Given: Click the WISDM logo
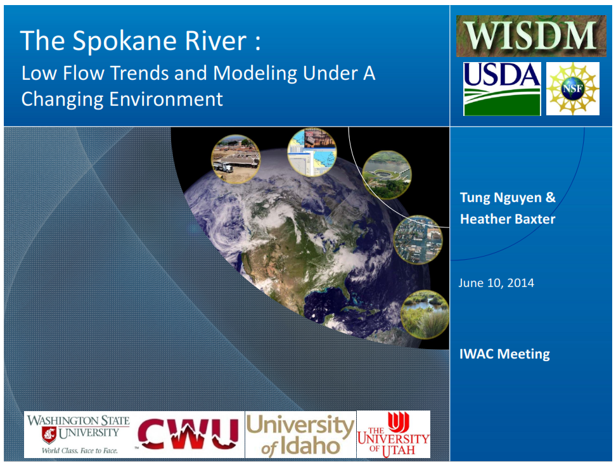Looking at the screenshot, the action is (x=530, y=36).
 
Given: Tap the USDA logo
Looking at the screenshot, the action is (x=502, y=89).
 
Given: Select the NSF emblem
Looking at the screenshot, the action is (x=573, y=89).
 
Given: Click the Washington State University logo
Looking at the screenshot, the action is (x=78, y=435).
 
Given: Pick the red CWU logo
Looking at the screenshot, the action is (x=188, y=434).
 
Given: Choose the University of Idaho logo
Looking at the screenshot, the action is (x=300, y=435).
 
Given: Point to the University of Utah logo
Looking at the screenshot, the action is (x=394, y=435).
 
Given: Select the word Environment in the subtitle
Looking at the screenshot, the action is (x=166, y=99).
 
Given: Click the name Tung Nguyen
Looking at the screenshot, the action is (x=501, y=198).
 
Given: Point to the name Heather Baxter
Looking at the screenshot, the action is (x=508, y=219).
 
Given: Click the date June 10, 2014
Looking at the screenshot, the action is (x=496, y=283).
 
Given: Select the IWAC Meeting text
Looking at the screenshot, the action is (x=504, y=354).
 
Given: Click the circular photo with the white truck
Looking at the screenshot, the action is (x=236, y=159).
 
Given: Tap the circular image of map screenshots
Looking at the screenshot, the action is (x=312, y=152).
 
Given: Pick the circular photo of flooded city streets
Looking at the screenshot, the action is (x=418, y=239).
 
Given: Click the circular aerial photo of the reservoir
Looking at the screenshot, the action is (x=387, y=175).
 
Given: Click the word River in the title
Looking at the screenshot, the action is (x=215, y=41).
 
